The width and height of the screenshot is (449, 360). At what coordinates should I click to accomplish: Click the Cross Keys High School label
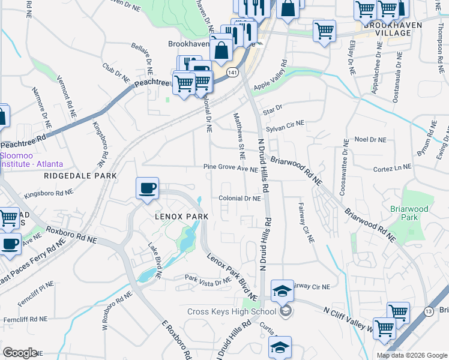click(232, 311)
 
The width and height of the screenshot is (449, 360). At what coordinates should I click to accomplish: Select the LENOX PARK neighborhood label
click(181, 216)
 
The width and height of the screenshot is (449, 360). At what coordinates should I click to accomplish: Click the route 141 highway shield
click(233, 72)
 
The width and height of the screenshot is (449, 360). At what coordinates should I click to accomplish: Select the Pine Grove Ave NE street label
click(231, 169)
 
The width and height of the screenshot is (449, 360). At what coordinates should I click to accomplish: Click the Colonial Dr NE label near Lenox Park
click(240, 198)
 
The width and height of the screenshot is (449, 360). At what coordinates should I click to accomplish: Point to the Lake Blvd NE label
click(154, 261)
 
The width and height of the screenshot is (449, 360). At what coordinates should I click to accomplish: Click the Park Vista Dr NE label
click(208, 279)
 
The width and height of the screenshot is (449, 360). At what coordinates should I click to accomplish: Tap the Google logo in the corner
click(19, 353)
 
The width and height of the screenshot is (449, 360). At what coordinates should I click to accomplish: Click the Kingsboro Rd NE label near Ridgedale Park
click(48, 194)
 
